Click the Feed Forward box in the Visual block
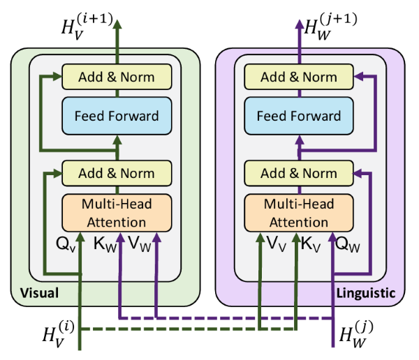pos(117,116)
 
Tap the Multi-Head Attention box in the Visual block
pos(117,213)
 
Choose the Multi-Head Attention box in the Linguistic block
pos(299,213)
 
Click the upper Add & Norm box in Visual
pos(117,77)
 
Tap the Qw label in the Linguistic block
pos(347,245)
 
